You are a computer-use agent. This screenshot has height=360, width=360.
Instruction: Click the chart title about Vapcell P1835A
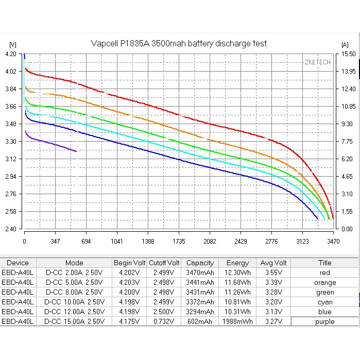pyautogui.click(x=179, y=44)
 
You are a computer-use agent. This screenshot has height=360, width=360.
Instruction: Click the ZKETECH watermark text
pyautogui.click(x=317, y=62)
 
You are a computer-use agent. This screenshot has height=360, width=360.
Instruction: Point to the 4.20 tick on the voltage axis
pyautogui.click(x=10, y=54)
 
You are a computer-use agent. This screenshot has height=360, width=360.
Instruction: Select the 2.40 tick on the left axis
pyautogui.click(x=10, y=229)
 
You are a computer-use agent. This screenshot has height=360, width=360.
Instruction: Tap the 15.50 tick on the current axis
pyautogui.click(x=348, y=54)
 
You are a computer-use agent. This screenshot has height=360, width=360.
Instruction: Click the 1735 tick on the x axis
pyautogui.click(x=179, y=241)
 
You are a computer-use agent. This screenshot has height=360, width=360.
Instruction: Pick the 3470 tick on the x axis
pyautogui.click(x=333, y=241)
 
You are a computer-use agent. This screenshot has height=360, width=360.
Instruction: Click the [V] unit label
pyautogui.click(x=13, y=44)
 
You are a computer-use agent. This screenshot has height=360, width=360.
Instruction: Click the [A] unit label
pyautogui.click(x=345, y=44)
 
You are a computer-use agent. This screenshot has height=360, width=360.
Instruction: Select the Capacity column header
pyautogui.click(x=200, y=263)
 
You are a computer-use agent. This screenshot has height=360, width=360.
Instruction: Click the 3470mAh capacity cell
pyautogui.click(x=200, y=272)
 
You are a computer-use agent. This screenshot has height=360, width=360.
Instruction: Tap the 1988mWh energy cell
pyautogui.click(x=237, y=321)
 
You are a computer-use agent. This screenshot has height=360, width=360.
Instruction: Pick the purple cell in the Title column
pyautogui.click(x=324, y=321)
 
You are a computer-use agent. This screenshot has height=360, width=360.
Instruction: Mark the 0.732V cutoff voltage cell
pyautogui.click(x=164, y=321)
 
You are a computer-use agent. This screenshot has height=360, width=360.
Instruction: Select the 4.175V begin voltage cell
pyautogui.click(x=129, y=321)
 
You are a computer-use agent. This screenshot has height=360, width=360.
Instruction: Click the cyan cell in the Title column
pyautogui.click(x=324, y=302)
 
